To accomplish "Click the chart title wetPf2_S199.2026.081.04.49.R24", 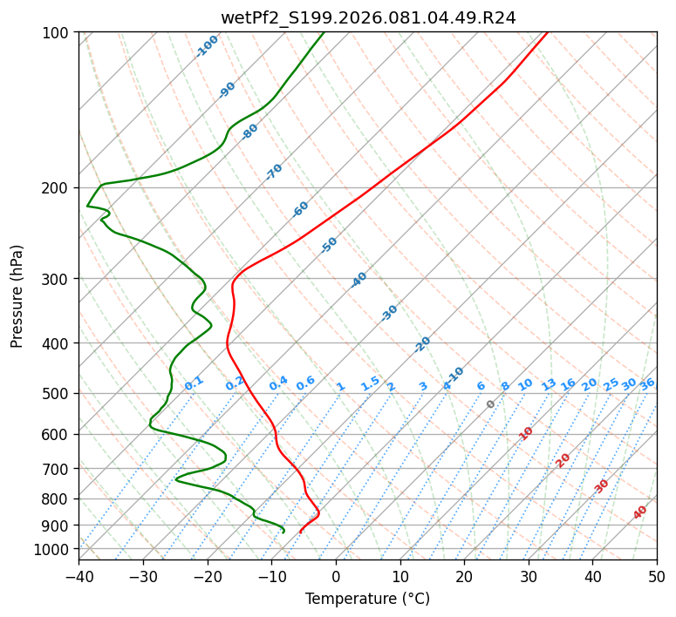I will pyautogui.click(x=367, y=17).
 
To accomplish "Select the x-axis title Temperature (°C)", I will pyautogui.click(x=367, y=599).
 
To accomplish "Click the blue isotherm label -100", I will pyautogui.click(x=207, y=46).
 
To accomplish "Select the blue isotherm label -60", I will pyautogui.click(x=301, y=209).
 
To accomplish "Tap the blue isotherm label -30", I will pyautogui.click(x=389, y=313).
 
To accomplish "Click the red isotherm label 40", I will pyautogui.click(x=640, y=512).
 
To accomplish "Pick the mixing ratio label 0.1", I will pyautogui.click(x=194, y=383).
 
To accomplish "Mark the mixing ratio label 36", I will pyautogui.click(x=647, y=383).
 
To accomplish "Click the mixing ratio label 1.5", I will pyautogui.click(x=370, y=383).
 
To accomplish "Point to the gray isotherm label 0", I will pyautogui.click(x=491, y=404).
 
